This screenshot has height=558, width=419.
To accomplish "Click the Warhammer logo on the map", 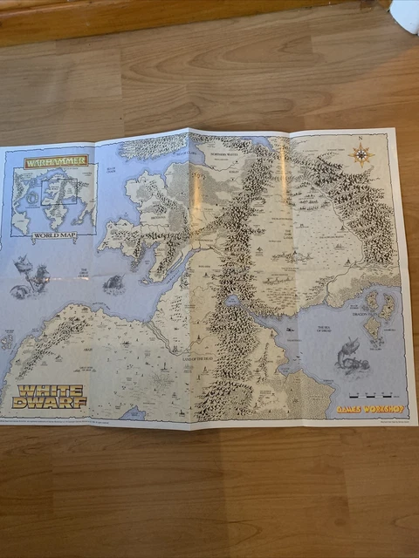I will coord(55,161).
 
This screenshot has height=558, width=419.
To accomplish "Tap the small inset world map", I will coord(54,199).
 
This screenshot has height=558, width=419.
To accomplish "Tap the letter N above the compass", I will coord(359,139).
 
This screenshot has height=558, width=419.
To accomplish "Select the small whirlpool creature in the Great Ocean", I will coord(113,282).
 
